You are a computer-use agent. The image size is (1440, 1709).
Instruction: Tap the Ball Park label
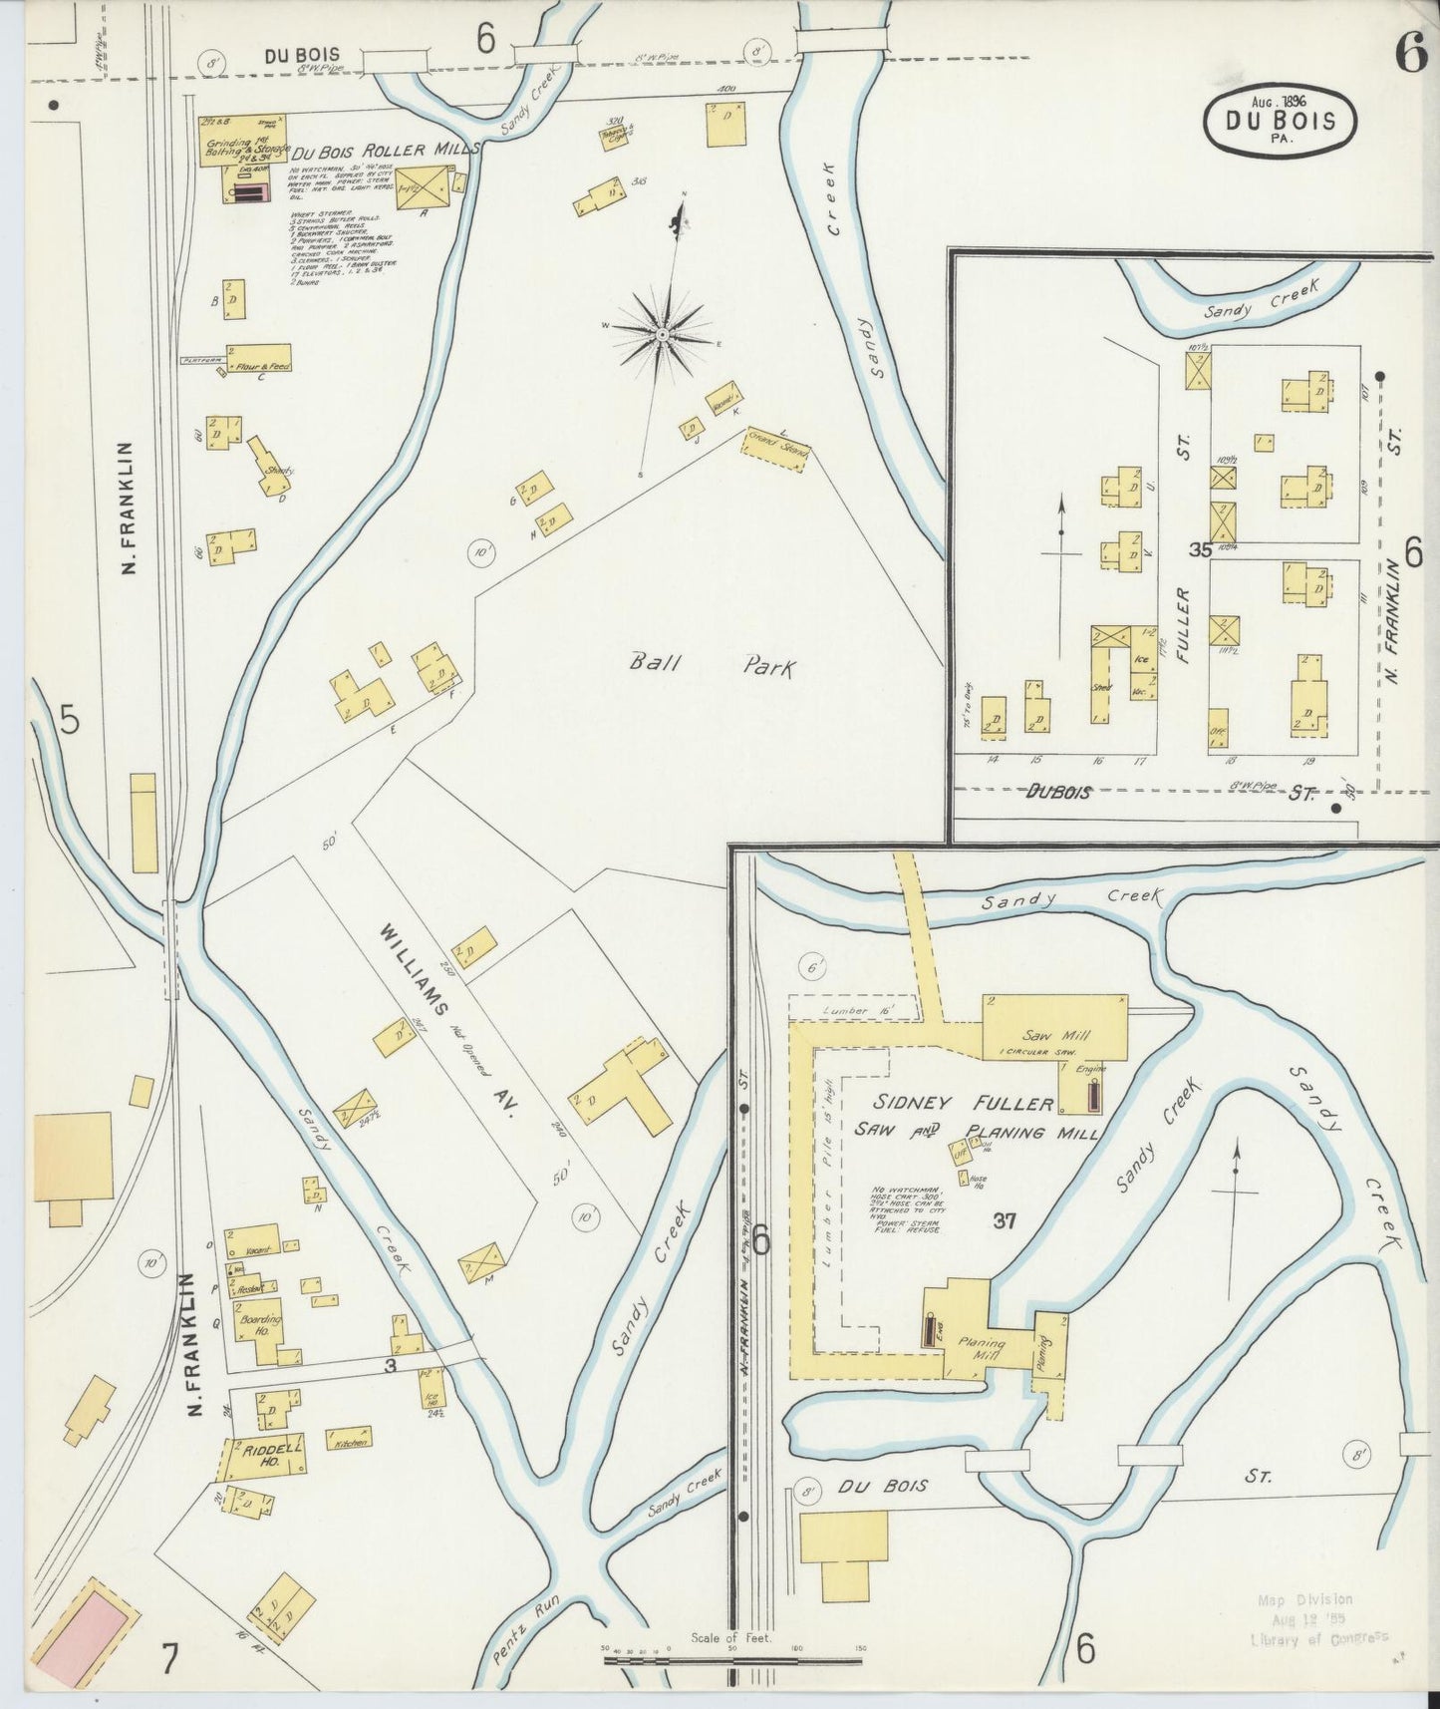712,664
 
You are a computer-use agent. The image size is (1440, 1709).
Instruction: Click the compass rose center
662,333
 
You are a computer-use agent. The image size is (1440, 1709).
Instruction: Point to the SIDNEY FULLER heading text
964,1103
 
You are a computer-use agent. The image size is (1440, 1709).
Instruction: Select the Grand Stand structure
776,450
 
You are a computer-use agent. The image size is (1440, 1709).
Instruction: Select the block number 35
1199,549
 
